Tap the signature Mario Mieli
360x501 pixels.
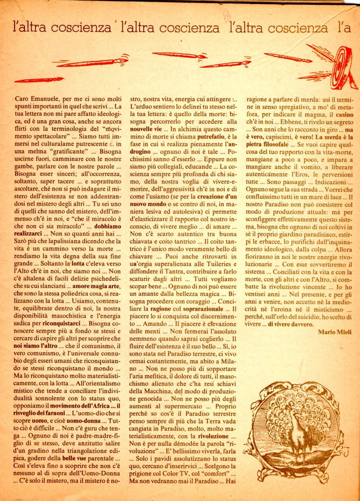(335, 332)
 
